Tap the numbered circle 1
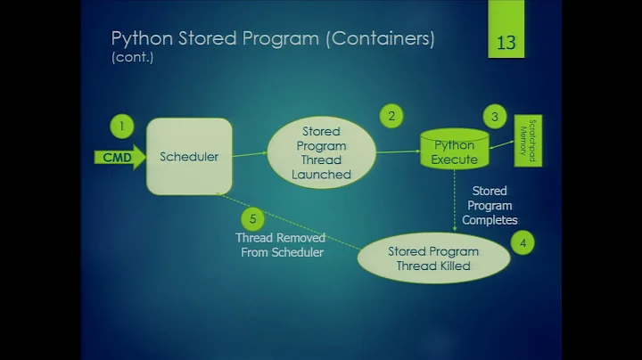point(122,126)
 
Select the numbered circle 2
point(390,115)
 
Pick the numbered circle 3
point(495,117)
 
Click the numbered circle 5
point(253,218)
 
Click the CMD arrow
point(119,158)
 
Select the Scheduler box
point(189,157)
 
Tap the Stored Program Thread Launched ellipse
point(321,152)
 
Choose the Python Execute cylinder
point(455,150)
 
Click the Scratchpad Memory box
point(528,141)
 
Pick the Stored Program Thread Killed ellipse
point(433,258)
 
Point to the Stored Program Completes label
point(490,205)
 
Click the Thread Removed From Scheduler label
point(280,245)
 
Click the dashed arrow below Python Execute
point(455,203)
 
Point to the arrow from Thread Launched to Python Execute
point(398,151)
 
